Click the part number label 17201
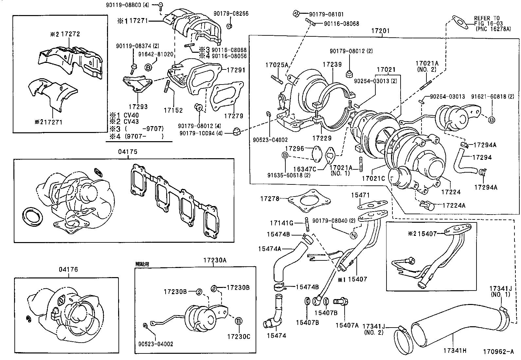point(380,30)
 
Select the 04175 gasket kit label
point(128,152)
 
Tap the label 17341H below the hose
point(455,351)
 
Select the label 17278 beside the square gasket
point(270,199)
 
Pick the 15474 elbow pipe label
point(277,335)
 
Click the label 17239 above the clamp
point(332,65)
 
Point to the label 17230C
point(239,337)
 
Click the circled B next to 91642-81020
point(148,67)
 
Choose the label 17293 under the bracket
point(138,106)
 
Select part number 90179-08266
point(231,14)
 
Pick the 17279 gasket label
point(233,116)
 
